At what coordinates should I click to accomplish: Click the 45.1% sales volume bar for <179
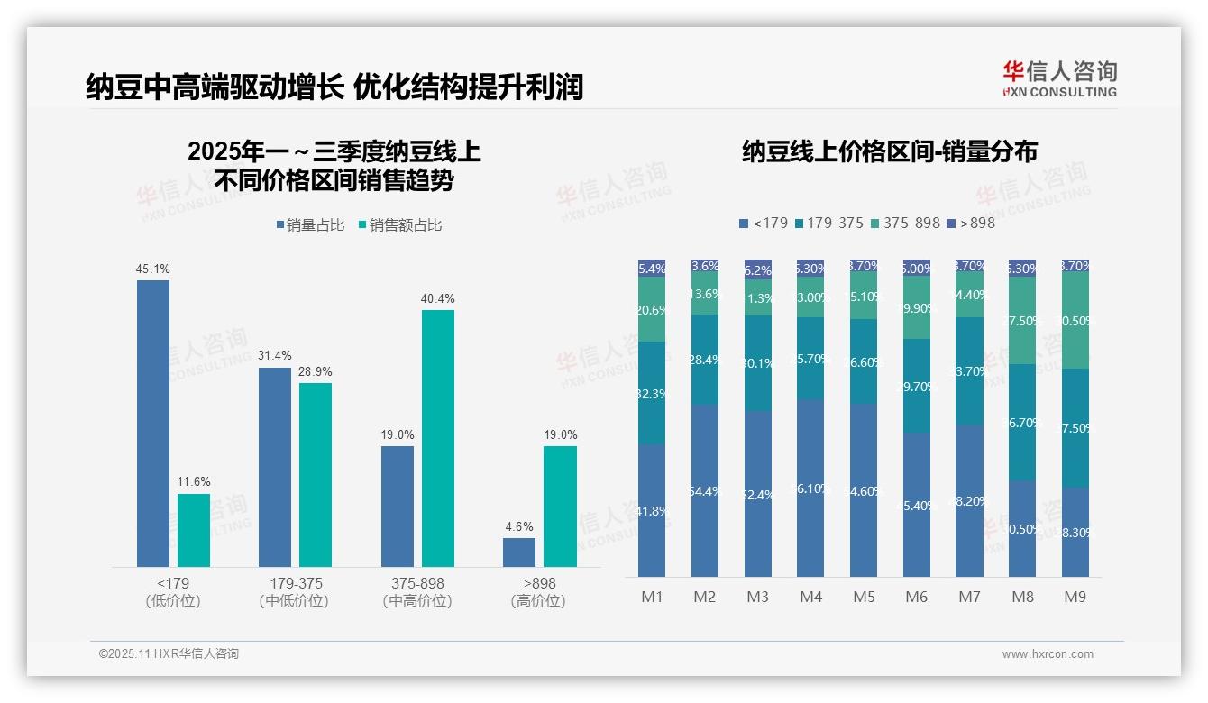153,423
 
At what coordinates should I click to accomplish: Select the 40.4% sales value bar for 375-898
438,438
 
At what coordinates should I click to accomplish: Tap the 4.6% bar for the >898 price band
519,552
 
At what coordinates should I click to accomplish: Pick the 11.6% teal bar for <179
194,530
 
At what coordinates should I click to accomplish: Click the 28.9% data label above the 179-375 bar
316,371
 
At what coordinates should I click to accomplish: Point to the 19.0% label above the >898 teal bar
560,434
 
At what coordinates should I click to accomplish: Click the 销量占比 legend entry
310,225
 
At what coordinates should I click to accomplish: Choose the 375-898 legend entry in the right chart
905,223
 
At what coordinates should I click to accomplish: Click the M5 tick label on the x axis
864,597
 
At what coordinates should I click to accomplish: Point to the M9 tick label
1075,597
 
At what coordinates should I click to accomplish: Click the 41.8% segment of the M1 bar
652,510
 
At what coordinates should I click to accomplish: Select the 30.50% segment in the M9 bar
1075,319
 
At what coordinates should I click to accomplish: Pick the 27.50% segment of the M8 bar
1022,321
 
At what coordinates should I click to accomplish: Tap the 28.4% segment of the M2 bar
705,360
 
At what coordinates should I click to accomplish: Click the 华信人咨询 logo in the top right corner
1059,78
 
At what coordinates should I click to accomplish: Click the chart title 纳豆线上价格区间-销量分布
889,151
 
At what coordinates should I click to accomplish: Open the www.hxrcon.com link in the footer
1048,654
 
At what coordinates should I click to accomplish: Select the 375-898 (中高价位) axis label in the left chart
417,591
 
